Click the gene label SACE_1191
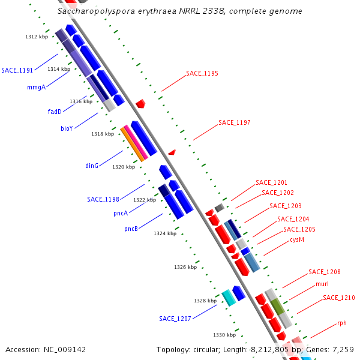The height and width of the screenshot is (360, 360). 17,70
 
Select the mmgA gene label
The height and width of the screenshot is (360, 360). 37,87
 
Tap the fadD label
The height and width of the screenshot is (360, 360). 55,112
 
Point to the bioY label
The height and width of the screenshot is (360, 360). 67,128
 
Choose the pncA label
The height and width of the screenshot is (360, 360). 120,213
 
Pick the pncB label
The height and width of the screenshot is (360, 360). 131,229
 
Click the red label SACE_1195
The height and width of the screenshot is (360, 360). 202,73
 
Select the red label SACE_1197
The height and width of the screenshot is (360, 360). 235,122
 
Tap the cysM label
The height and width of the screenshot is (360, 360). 297,239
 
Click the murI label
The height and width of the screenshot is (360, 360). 322,284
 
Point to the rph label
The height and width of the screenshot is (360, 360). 342,323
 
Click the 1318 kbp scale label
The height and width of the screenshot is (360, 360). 103,134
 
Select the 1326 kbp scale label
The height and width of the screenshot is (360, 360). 185,267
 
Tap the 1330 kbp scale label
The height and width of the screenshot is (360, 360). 224,335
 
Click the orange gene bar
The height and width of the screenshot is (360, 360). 133,144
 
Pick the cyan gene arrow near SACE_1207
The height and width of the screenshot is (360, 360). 229,297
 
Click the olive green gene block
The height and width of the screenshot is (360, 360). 277,307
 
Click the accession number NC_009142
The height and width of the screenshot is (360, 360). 46,349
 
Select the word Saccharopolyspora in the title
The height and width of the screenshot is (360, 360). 90,11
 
